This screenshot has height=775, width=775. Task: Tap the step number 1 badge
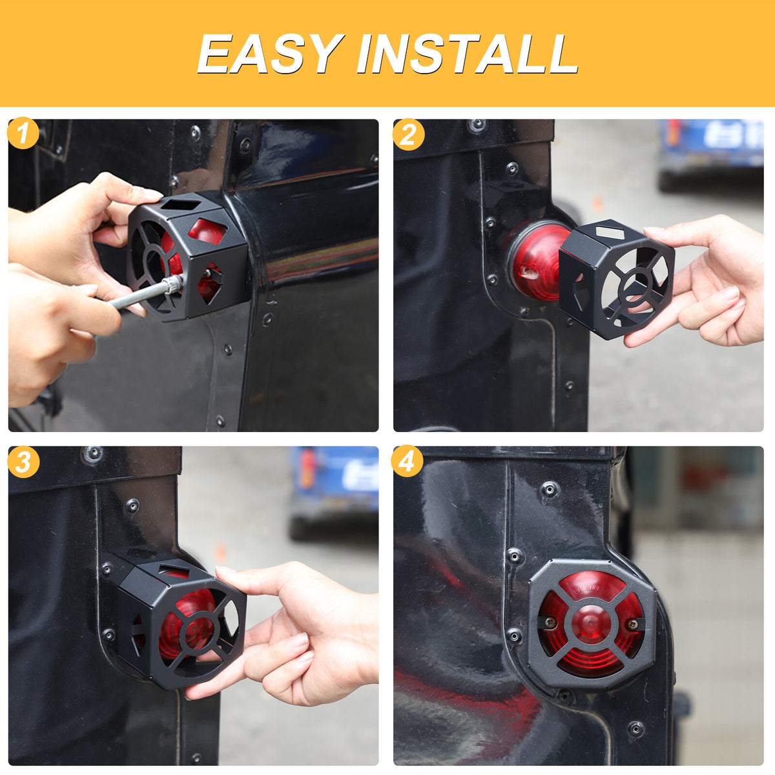point(23,133)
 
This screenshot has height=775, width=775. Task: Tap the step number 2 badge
point(408,135)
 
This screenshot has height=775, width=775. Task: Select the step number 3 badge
point(23,462)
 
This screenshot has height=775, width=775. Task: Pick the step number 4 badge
point(407,461)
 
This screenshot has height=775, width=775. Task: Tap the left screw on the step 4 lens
point(550,622)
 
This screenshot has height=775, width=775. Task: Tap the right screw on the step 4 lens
point(635,624)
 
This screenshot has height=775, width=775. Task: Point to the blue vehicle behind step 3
point(334,491)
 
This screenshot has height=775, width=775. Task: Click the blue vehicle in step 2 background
point(711,154)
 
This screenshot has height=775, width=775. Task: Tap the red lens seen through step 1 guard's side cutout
point(207,231)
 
